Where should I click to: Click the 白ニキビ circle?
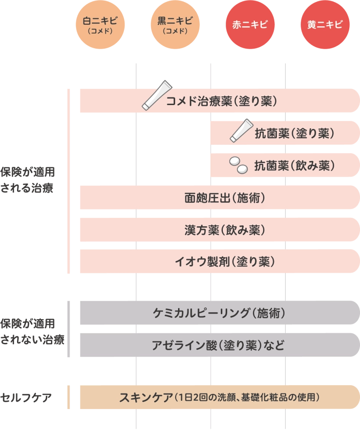tap(100, 25)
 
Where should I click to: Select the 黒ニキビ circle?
tap(175, 25)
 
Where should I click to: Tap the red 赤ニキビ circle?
tap(250, 25)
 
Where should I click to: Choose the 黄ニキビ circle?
tap(325, 25)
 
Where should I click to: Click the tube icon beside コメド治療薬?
tap(157, 95)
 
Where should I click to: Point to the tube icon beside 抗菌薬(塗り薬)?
tap(241, 130)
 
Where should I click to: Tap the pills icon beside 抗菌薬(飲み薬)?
tap(238, 165)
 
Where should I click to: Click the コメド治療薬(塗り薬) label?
tap(221, 101)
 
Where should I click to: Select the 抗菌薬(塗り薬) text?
tap(294, 133)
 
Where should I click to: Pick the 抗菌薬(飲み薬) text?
tap(294, 166)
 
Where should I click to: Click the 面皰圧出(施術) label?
tap(225, 197)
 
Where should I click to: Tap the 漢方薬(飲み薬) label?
tap(225, 230)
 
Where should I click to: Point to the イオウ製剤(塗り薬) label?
tap(225, 262)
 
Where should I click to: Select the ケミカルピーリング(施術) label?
tap(219, 313)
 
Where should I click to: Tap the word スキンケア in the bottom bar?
tap(146, 397)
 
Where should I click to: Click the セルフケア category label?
tap(26, 397)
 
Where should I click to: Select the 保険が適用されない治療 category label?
tap(33, 332)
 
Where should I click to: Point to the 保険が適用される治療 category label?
tap(27, 180)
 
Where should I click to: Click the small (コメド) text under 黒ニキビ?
tap(175, 31)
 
